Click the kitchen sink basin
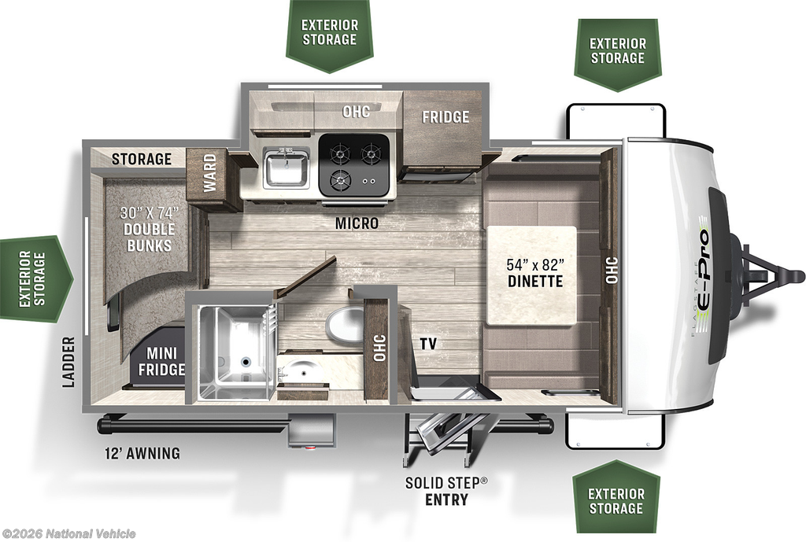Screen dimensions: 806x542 pyautogui.click(x=287, y=168)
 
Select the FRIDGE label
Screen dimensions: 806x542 pyautogui.click(x=446, y=117)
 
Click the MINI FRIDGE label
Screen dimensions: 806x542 pyautogui.click(x=161, y=361)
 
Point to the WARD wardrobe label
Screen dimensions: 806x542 pyautogui.click(x=209, y=172)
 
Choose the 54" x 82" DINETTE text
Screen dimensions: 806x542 pyautogui.click(x=535, y=273)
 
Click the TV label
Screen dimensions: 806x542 pyautogui.click(x=428, y=344)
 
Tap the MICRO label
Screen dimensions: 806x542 pyautogui.click(x=357, y=223)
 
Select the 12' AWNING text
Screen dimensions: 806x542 pyautogui.click(x=142, y=453)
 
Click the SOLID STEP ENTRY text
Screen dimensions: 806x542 pyautogui.click(x=446, y=491)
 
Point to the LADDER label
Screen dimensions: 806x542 pyautogui.click(x=68, y=362)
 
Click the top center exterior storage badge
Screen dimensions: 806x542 pyautogui.click(x=330, y=34)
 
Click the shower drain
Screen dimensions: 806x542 pyautogui.click(x=246, y=362)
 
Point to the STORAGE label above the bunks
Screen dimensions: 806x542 pyautogui.click(x=142, y=159)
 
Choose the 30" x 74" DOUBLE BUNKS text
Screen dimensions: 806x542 pyautogui.click(x=149, y=229)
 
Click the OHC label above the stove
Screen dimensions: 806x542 pyautogui.click(x=357, y=111)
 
